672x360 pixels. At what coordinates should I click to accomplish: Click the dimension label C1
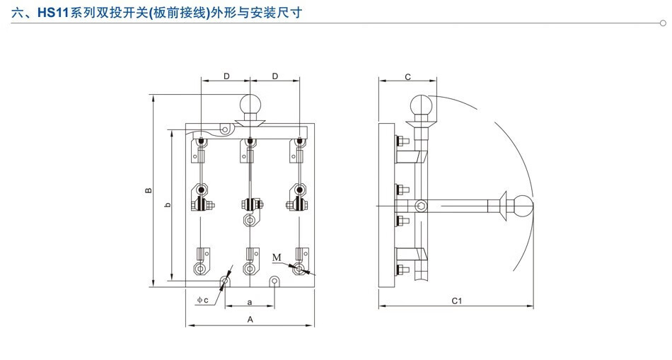point(456,301)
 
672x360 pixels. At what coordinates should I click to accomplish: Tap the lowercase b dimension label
point(167,205)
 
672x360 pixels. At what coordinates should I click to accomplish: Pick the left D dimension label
point(226,76)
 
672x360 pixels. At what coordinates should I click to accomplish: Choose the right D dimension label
point(274,76)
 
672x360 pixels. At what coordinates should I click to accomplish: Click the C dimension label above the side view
point(408,76)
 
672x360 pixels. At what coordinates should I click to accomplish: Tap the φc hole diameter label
point(202,300)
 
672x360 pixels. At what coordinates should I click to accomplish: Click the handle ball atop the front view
point(250,106)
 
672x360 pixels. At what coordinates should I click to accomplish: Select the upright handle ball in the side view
point(422,107)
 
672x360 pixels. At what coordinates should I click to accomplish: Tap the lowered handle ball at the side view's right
point(523,205)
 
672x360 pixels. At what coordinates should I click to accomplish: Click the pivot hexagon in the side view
point(422,206)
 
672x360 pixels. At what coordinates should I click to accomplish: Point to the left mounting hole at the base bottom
point(226,282)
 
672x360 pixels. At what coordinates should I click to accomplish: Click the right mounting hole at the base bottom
point(275,282)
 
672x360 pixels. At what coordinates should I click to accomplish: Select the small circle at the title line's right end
point(663,23)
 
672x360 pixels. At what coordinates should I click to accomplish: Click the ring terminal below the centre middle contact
point(250,221)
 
